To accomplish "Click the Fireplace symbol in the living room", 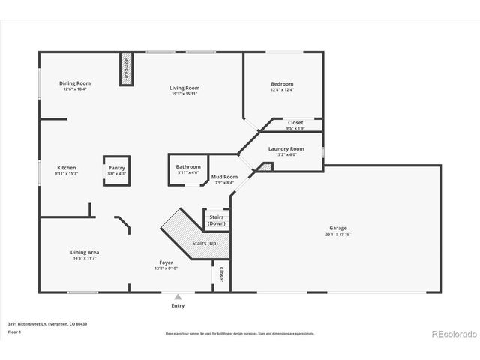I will pos(126,70).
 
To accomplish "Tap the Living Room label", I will pos(184,88).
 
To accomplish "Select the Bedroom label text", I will pos(282,84).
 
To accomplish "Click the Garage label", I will pos(337,228).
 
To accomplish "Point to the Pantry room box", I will pos(116,171).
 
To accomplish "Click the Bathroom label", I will pos(188,166).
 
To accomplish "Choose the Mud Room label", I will pos(224,177).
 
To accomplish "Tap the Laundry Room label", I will pos(286,148).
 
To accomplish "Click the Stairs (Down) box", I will pos(216,220).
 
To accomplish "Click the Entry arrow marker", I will pos(178,297).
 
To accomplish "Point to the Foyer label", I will pos(166,262).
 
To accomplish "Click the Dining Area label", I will pos(85,252).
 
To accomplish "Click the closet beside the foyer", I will pos(221,274).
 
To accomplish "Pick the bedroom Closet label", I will pos(295,122).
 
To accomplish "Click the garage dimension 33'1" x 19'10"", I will pos(337,234).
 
